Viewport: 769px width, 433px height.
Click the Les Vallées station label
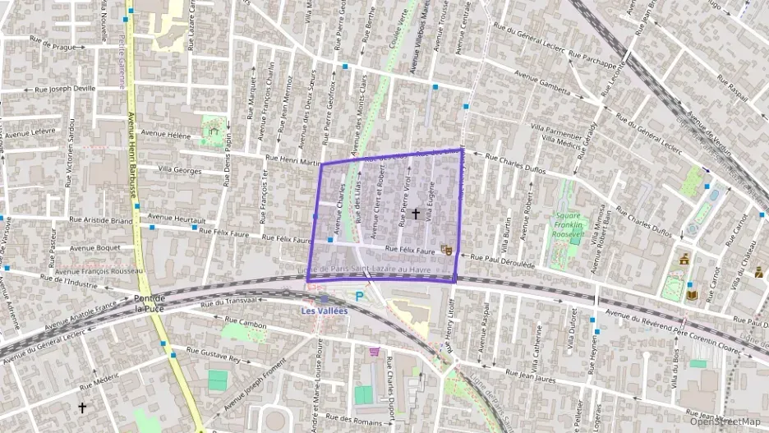325,311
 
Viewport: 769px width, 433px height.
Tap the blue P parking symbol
359,297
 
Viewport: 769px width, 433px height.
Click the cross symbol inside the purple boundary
415,214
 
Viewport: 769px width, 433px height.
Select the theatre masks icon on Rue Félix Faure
447,247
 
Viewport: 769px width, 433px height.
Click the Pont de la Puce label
150,303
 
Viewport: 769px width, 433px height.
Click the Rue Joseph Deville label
65,89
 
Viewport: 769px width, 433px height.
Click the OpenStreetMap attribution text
725,421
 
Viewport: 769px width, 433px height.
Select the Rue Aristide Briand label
101,219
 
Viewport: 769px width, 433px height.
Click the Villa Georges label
179,170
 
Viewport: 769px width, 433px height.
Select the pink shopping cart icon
375,352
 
